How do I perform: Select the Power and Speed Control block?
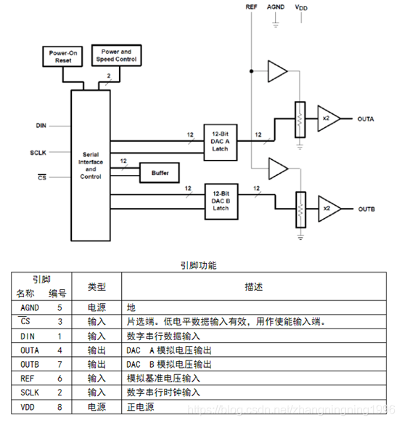pos(115,56)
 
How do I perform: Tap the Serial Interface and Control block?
pos(90,165)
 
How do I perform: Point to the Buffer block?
pos(160,173)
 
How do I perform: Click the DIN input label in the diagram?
pos(41,126)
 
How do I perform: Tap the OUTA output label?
pos(366,118)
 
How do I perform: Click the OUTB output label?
pos(366,209)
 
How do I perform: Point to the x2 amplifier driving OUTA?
pos(326,118)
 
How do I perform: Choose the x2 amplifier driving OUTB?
pos(326,209)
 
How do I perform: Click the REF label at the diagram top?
pos(250,7)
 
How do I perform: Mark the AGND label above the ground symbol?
pos(276,7)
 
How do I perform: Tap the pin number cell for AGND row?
pos(60,308)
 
